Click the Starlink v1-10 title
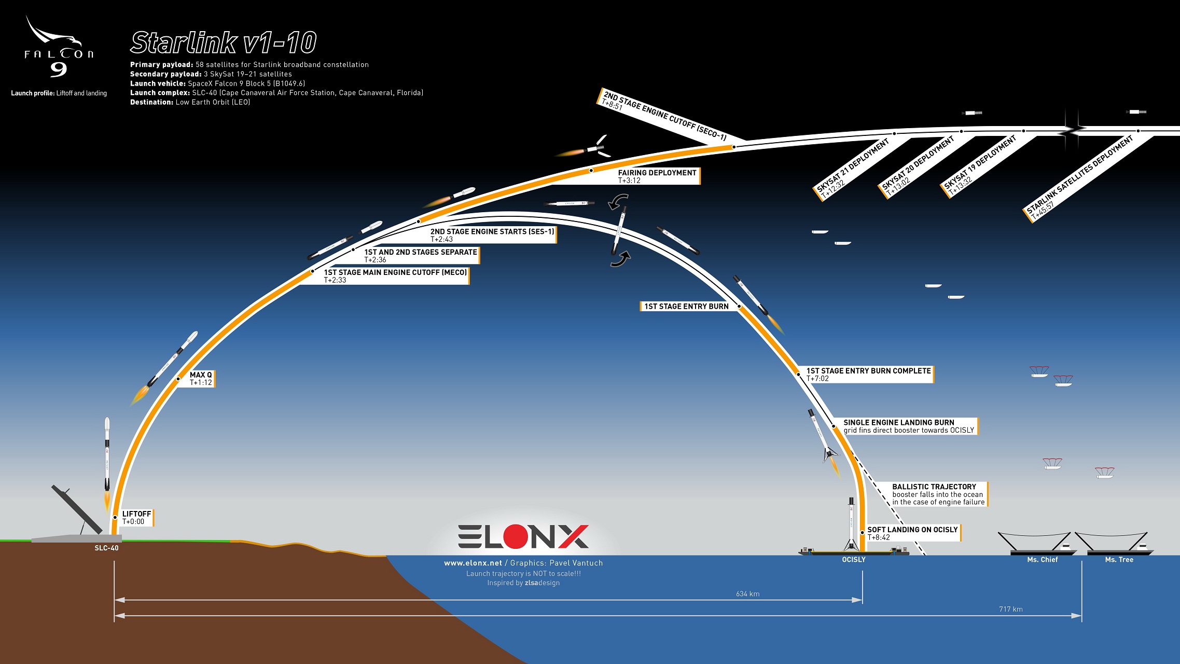(223, 43)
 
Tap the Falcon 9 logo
(59, 49)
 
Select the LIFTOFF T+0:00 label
(136, 517)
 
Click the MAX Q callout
(201, 378)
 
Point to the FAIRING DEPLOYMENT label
(657, 176)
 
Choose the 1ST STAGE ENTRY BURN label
(686, 306)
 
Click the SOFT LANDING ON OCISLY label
(912, 533)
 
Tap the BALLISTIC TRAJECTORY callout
(938, 494)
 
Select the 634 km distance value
(747, 593)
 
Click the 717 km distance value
(1010, 609)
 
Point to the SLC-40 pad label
(106, 548)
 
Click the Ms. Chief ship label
(1042, 559)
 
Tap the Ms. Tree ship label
(1119, 559)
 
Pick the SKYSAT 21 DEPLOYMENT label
(853, 169)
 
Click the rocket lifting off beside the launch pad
(107, 457)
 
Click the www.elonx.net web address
(473, 563)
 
